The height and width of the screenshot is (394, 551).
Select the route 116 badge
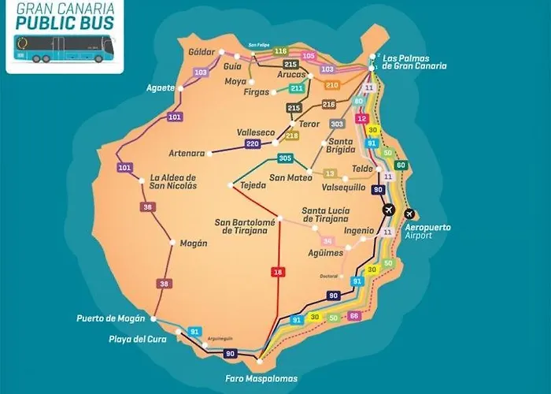pos(281,50)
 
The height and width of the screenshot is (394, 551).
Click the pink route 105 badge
pos(309,56)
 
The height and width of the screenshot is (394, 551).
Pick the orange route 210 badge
pos(331,84)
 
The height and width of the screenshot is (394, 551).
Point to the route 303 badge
pos(337,124)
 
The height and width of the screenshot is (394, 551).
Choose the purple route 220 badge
pos(252,143)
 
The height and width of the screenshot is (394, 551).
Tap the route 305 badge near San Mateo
pos(285,158)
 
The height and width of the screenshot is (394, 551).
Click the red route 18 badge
pos(277,272)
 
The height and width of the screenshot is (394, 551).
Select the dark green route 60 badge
pos(401,165)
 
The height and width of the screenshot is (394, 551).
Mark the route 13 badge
pos(330,173)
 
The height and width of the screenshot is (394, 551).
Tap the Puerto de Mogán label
pos(111,318)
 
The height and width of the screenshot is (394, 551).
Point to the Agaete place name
pos(160,87)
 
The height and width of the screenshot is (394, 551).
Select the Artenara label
pos(187,152)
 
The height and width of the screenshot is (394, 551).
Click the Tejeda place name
pos(252,187)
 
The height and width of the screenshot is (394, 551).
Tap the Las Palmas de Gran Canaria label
pos(414,61)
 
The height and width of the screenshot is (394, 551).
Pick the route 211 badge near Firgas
pos(297,88)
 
